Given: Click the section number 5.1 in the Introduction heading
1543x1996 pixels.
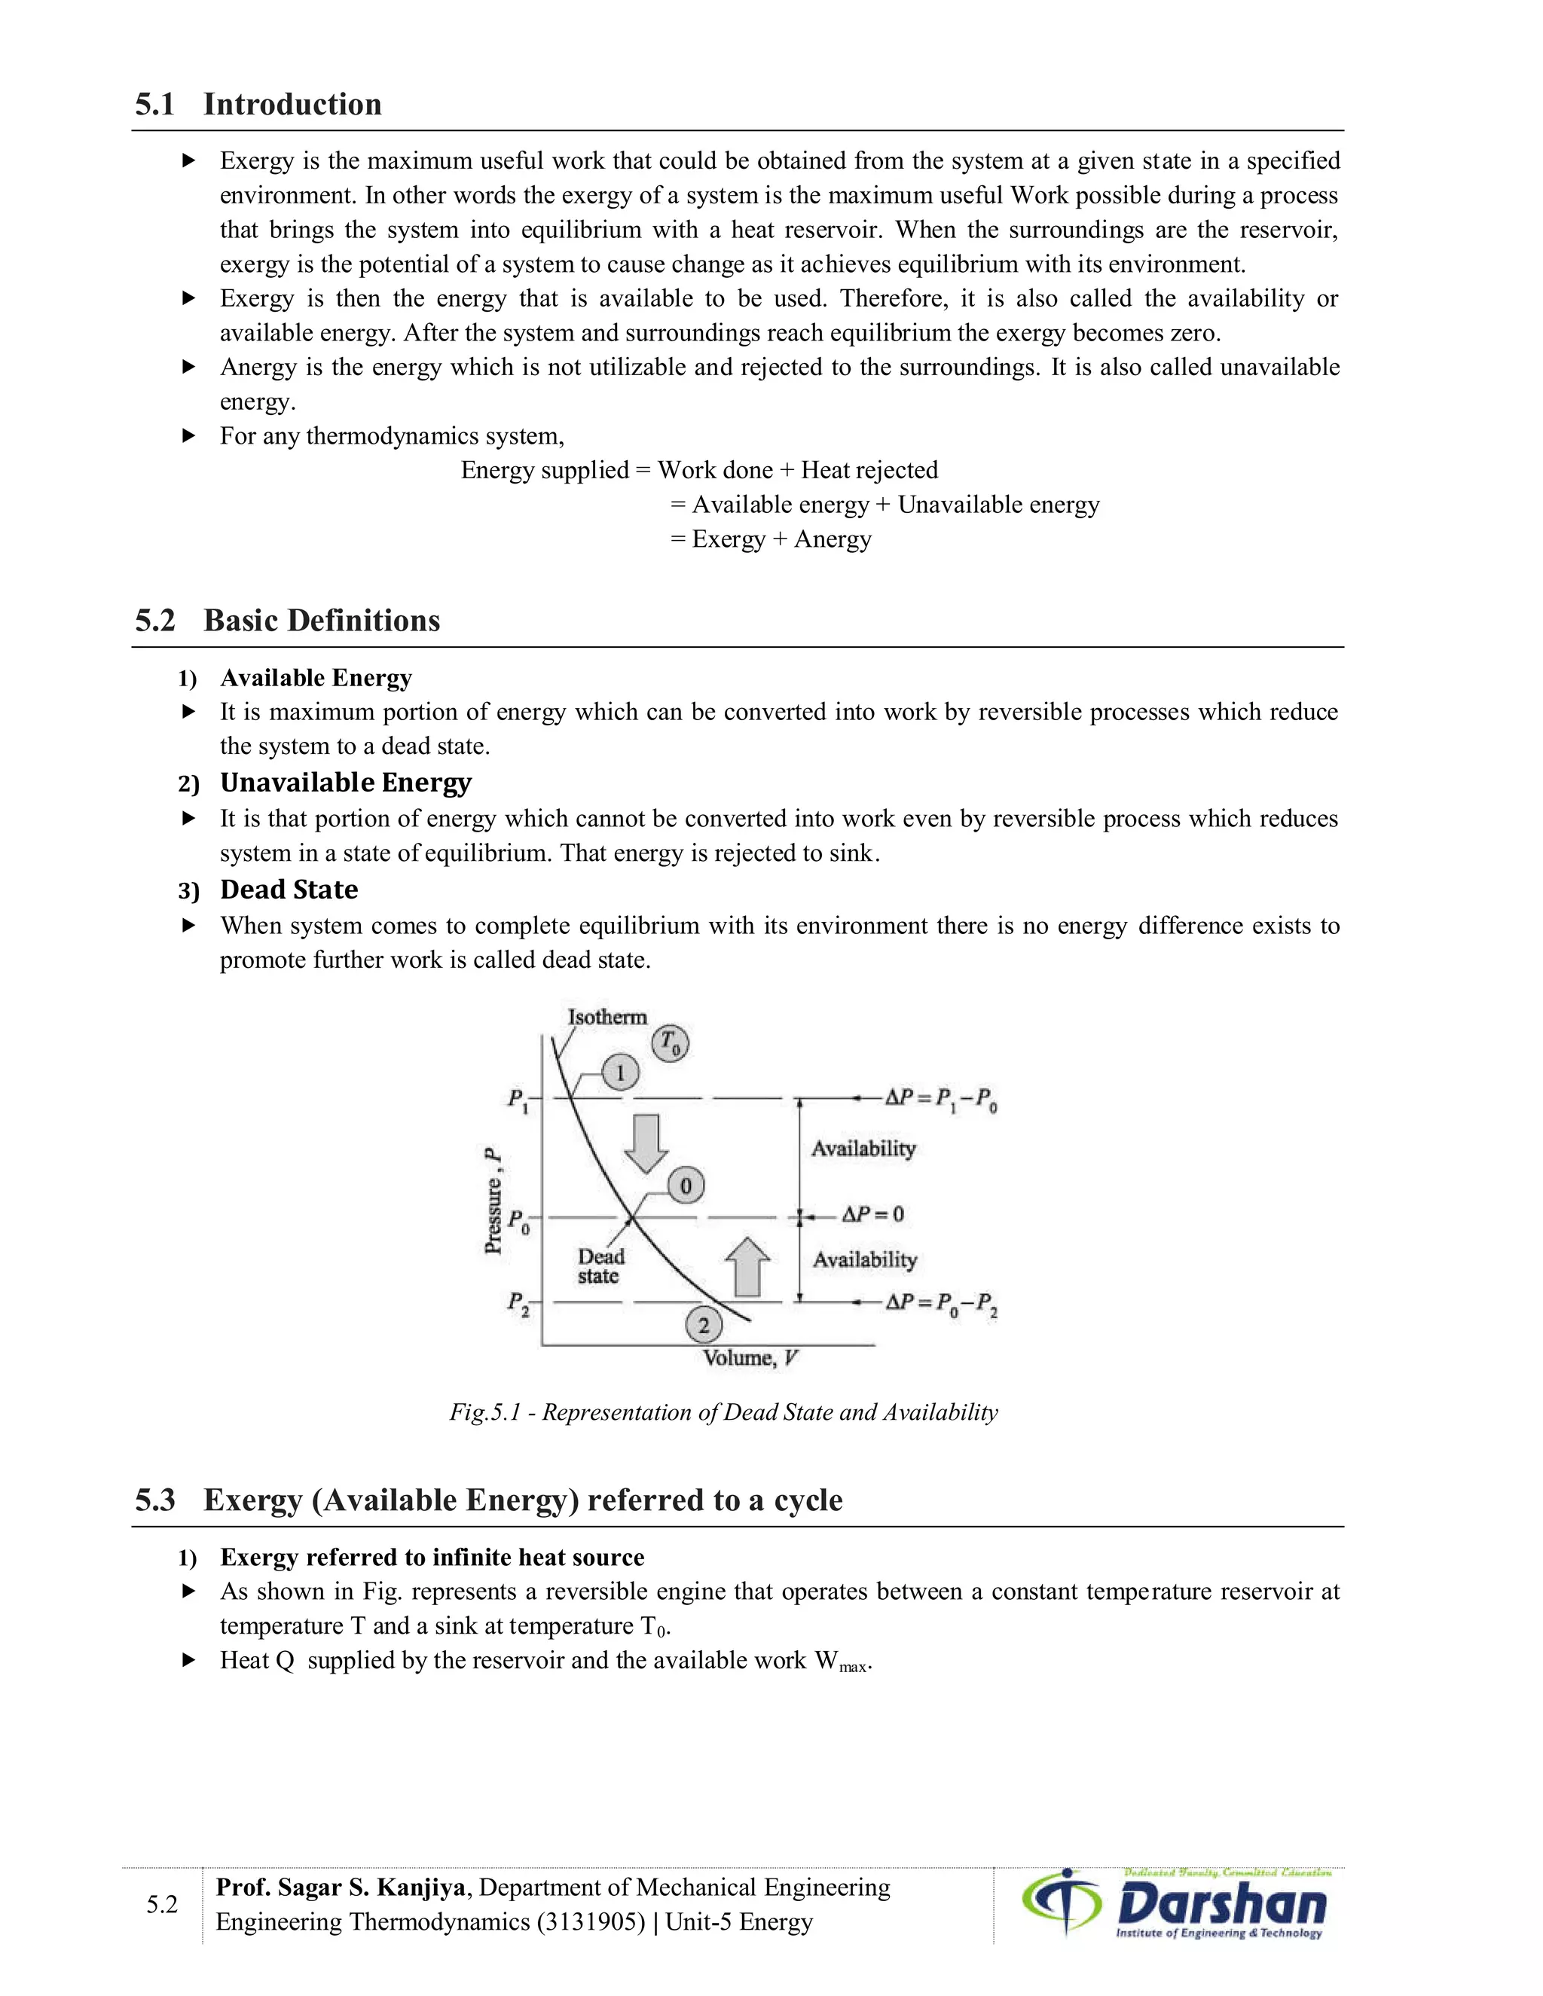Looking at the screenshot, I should pyautogui.click(x=154, y=104).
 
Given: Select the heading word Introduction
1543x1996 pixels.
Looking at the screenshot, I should pyautogui.click(x=292, y=104).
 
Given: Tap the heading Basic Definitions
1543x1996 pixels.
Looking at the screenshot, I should pyautogui.click(x=321, y=621).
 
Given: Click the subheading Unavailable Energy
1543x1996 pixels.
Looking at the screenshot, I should pyautogui.click(x=346, y=783).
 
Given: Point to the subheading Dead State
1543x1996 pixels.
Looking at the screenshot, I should pyautogui.click(x=289, y=890).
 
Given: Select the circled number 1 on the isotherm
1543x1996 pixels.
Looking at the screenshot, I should pyautogui.click(x=621, y=1072).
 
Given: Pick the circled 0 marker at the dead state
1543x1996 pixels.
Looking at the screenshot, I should pyautogui.click(x=686, y=1186).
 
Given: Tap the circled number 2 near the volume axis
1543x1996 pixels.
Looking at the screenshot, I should pyautogui.click(x=703, y=1325).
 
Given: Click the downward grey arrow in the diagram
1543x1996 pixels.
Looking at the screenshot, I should pyautogui.click(x=646, y=1143).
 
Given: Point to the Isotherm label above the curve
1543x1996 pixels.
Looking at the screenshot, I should pyautogui.click(x=607, y=1017).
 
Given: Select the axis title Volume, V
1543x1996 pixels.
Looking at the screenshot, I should pyautogui.click(x=750, y=1358).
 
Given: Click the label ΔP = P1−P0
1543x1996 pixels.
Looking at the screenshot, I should pyautogui.click(x=940, y=1097).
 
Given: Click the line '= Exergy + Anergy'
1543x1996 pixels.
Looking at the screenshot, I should pyautogui.click(x=771, y=539).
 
